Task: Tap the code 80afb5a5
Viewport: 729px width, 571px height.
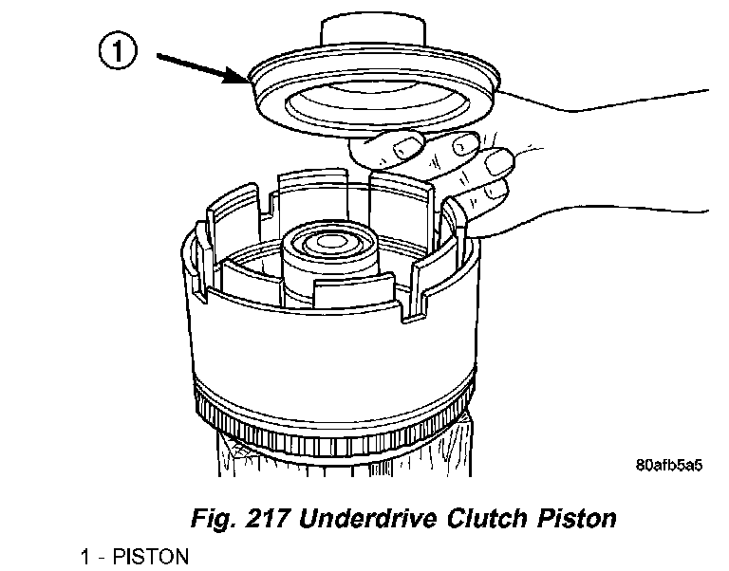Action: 669,466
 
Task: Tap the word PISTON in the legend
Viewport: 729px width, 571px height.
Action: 151,556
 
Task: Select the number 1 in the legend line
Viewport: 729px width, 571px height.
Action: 85,556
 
